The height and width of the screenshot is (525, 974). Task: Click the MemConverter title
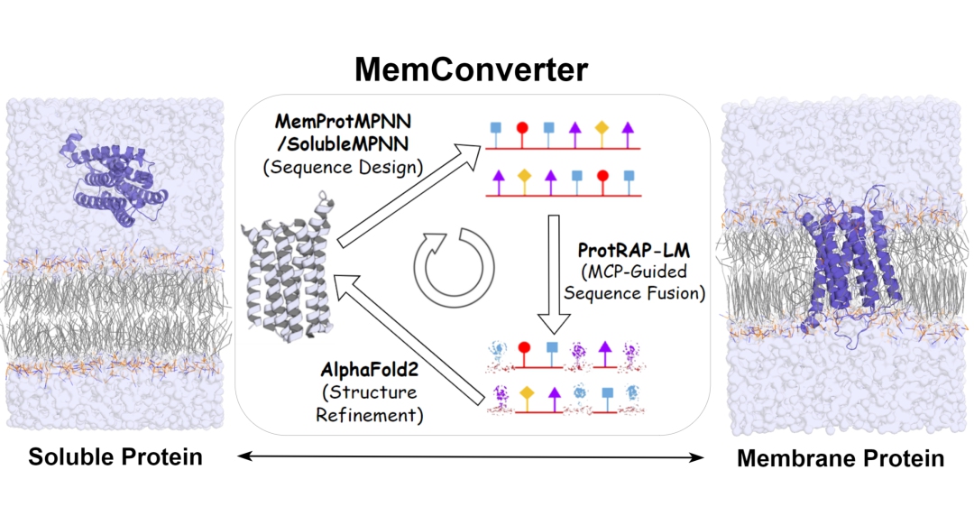(x=471, y=69)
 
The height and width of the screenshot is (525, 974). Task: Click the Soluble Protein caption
(x=115, y=456)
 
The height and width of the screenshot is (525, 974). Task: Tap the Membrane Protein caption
(x=841, y=458)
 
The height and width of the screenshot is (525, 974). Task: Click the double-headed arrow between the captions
(x=470, y=458)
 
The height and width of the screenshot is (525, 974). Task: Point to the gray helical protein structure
(x=288, y=267)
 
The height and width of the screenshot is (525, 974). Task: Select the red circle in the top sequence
(x=522, y=127)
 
